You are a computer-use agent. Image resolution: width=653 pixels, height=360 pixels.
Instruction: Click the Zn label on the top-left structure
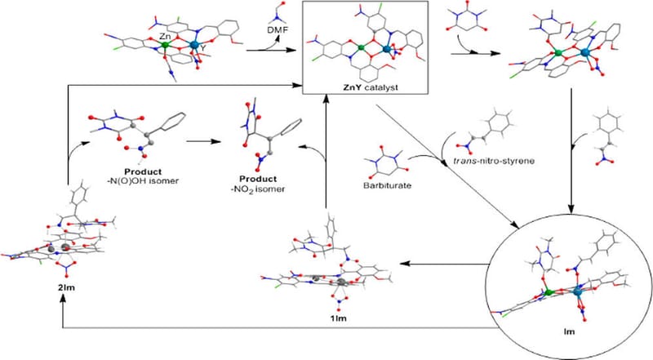click(x=163, y=37)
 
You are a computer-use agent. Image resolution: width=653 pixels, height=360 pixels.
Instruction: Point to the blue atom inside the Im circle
click(x=580, y=291)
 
